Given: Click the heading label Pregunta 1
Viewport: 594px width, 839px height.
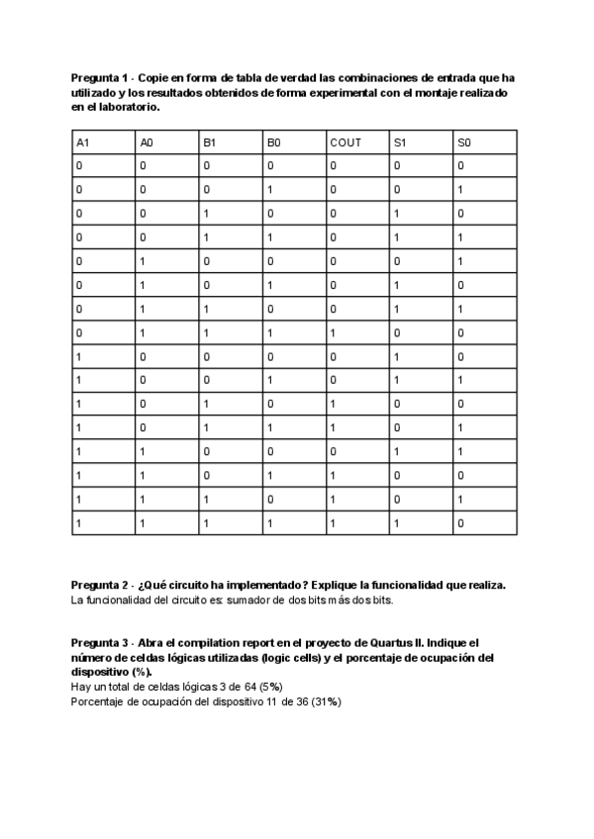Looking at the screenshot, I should [x=100, y=77].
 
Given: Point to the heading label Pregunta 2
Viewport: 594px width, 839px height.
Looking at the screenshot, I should [x=100, y=586].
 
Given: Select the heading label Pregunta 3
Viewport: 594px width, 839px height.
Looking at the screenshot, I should [x=100, y=642].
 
